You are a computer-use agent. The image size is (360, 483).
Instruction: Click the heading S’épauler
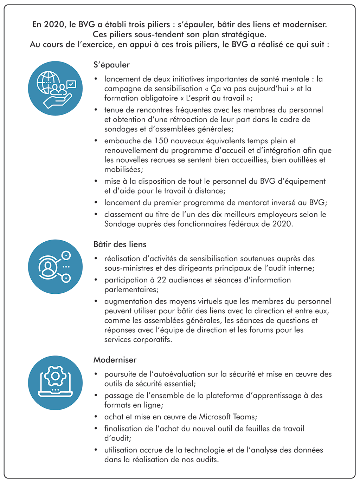pyautogui.click(x=111, y=65)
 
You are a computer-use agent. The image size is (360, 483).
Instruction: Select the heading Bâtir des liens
pyautogui.click(x=120, y=244)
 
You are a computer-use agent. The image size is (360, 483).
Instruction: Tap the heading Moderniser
pyautogui.click(x=115, y=360)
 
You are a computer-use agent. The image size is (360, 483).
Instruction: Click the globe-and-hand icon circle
pyautogui.click(x=55, y=89)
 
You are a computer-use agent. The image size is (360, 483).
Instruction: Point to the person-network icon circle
pyautogui.click(x=55, y=267)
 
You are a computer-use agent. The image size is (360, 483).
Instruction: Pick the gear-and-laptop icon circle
pyautogui.click(x=55, y=383)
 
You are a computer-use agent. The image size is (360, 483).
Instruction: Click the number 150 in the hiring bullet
pyautogui.click(x=161, y=141)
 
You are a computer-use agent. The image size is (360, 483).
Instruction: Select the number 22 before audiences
pyautogui.click(x=162, y=280)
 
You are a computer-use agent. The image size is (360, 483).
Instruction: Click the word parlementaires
pyautogui.click(x=131, y=290)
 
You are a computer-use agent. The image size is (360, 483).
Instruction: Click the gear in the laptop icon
pyautogui.click(x=55, y=376)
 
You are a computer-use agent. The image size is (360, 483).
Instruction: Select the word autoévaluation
pyautogui.click(x=182, y=374)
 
